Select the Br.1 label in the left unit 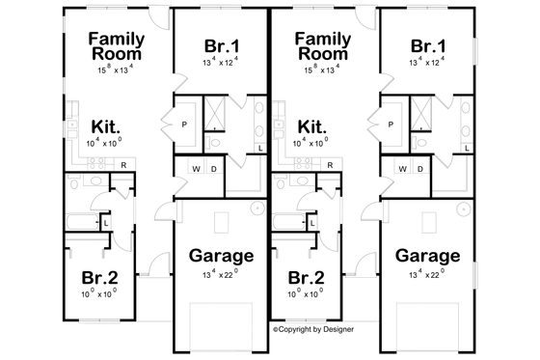click(222, 47)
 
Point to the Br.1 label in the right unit click(428, 47)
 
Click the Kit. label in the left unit click(105, 126)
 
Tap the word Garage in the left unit click(221, 256)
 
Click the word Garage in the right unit click(427, 256)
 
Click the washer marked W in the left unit click(198, 170)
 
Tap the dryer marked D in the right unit click(420, 170)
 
